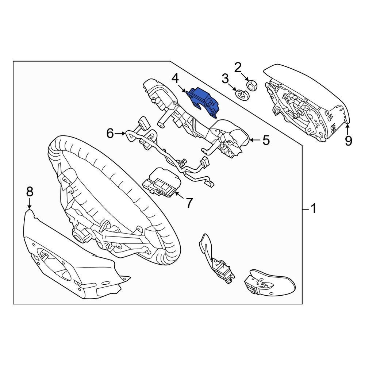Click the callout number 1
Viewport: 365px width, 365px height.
313,209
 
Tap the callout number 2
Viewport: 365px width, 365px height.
238,67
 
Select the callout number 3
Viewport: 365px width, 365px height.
225,78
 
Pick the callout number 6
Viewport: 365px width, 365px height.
110,134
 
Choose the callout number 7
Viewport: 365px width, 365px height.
189,203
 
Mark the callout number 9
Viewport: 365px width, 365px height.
348,140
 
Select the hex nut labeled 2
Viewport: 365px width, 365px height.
251,85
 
